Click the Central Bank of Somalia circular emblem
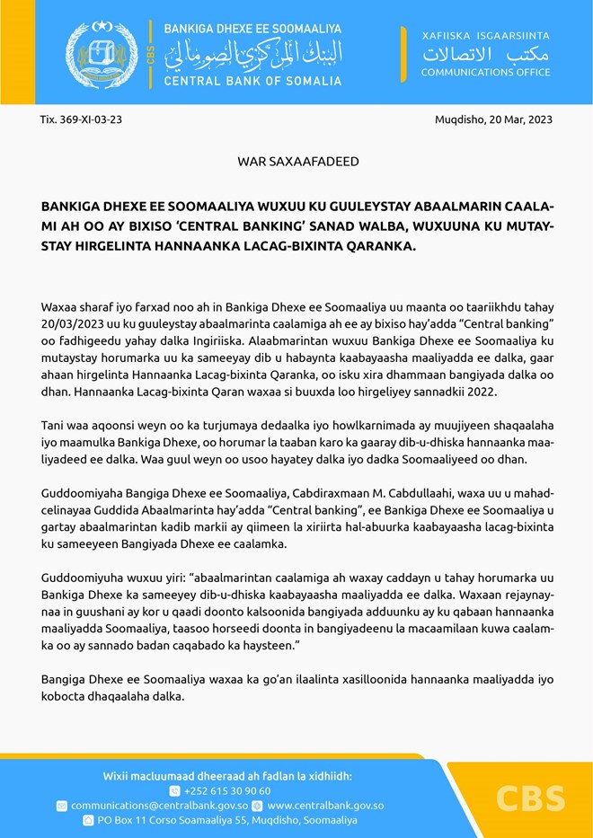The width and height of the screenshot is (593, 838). pyautogui.click(x=101, y=53)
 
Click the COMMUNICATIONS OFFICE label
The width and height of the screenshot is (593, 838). pyautogui.click(x=485, y=72)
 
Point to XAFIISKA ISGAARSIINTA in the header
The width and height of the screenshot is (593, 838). pyautogui.click(x=485, y=35)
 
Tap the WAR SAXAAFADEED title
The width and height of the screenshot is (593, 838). pyautogui.click(x=298, y=162)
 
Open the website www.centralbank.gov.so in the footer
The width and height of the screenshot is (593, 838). pyautogui.click(x=325, y=806)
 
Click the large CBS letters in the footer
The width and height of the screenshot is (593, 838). pyautogui.click(x=529, y=798)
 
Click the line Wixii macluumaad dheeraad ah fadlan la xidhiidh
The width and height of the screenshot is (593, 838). pyautogui.click(x=226, y=775)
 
